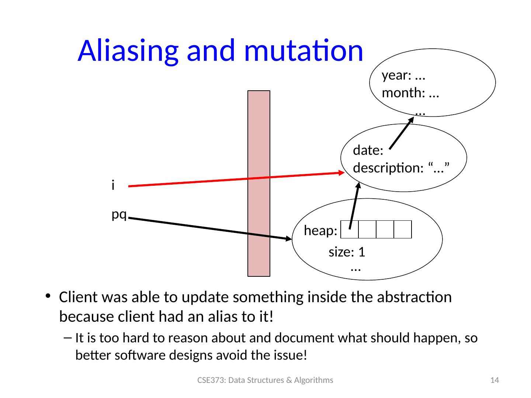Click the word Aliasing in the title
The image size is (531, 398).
pos(128,52)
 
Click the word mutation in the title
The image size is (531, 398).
pos(304,51)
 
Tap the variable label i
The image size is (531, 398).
pos(113,185)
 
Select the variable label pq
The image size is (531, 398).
pos(119,214)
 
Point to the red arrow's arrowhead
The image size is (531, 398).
pos(341,172)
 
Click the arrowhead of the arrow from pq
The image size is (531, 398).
pos(289,238)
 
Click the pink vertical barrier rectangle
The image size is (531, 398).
pos(258,184)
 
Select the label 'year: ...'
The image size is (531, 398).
pos(403,76)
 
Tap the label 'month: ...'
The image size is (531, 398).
pos(410,93)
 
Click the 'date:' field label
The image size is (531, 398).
pos(368,150)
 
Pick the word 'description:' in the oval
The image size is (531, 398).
pos(388,168)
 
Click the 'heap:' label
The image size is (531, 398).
pos(320,230)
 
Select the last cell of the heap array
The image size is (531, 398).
pos(403,229)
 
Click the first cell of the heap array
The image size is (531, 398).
pos(349,229)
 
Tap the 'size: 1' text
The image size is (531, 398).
pos(347,252)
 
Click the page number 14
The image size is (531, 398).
pos(494,380)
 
